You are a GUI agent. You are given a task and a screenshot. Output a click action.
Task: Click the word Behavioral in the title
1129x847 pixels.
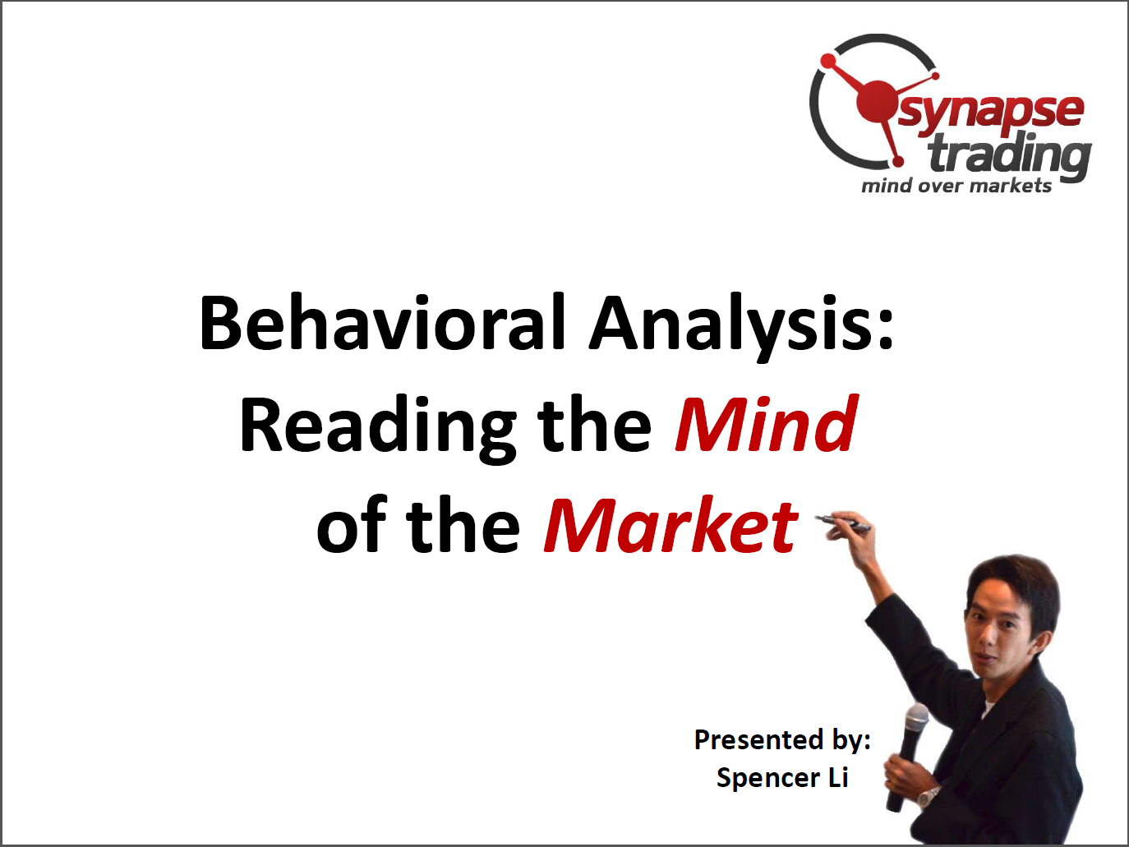pos(383,322)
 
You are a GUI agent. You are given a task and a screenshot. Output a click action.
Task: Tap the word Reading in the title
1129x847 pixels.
pos(377,428)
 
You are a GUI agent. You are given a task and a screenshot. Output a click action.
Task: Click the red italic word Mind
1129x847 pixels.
pos(766,424)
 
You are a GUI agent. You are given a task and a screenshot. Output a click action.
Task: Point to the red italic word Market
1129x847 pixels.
pos(670,526)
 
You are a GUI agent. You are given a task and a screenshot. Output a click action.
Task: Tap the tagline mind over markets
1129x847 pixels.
pos(956,186)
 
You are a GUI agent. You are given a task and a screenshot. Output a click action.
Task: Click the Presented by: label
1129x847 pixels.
pos(782,740)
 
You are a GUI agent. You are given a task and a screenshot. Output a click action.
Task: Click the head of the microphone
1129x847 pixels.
pos(916,719)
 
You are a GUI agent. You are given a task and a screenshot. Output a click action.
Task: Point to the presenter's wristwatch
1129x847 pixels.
pos(928,797)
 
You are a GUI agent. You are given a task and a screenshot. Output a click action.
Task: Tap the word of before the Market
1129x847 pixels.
pos(352,526)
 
